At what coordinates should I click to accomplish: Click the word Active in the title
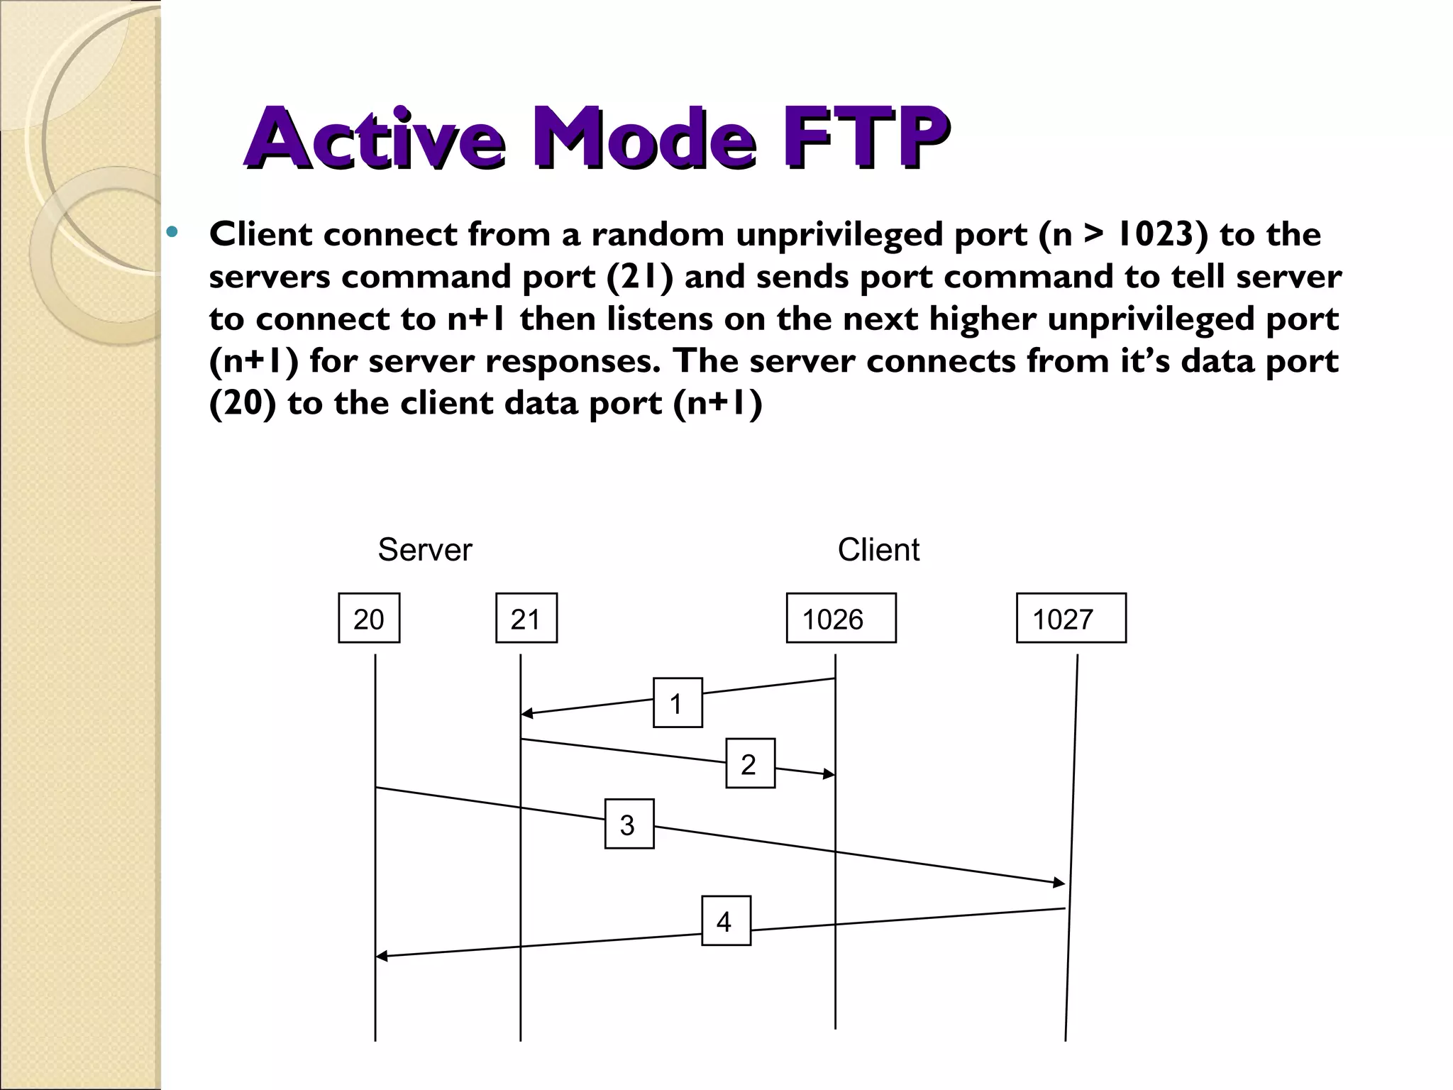pyautogui.click(x=374, y=138)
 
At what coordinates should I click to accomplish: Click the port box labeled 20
pyautogui.click(x=369, y=618)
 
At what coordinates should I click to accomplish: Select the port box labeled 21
pyautogui.click(x=526, y=618)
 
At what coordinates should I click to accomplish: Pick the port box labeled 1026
pyautogui.click(x=841, y=618)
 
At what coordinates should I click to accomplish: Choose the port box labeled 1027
pyautogui.click(x=1071, y=618)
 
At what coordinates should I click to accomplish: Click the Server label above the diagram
pyautogui.click(x=424, y=550)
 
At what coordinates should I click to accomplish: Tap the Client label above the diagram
pyautogui.click(x=878, y=550)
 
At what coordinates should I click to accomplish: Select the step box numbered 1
pyautogui.click(x=678, y=703)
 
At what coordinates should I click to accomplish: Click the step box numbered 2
pyautogui.click(x=750, y=764)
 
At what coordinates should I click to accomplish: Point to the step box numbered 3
pyautogui.click(x=629, y=824)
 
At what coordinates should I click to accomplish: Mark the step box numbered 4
pyautogui.click(x=726, y=921)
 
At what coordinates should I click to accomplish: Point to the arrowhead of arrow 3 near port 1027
pyautogui.click(x=1059, y=883)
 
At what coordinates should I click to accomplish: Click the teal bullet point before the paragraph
pyautogui.click(x=171, y=231)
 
